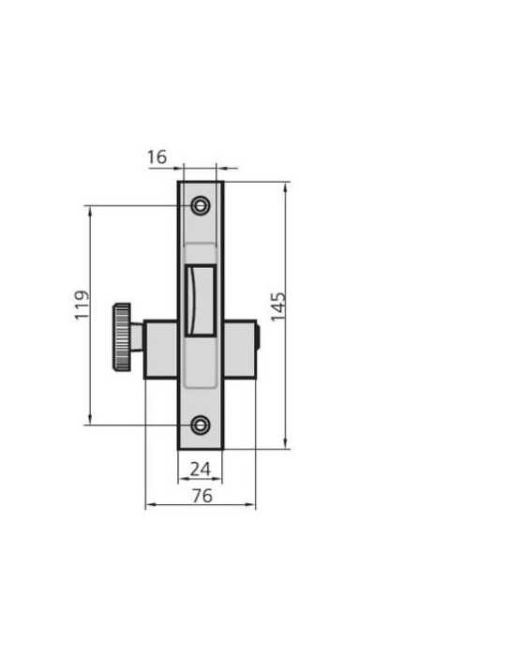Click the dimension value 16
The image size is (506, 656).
(156, 157)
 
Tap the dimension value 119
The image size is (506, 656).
(82, 305)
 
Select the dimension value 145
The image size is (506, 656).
(278, 306)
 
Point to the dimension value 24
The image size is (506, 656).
(201, 470)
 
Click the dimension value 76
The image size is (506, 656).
(202, 496)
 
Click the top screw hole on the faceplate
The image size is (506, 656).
(201, 205)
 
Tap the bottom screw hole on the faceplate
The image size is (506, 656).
(201, 425)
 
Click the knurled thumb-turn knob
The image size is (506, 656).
(122, 337)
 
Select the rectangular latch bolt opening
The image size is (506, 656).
(201, 300)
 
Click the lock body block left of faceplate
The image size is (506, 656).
(161, 350)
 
